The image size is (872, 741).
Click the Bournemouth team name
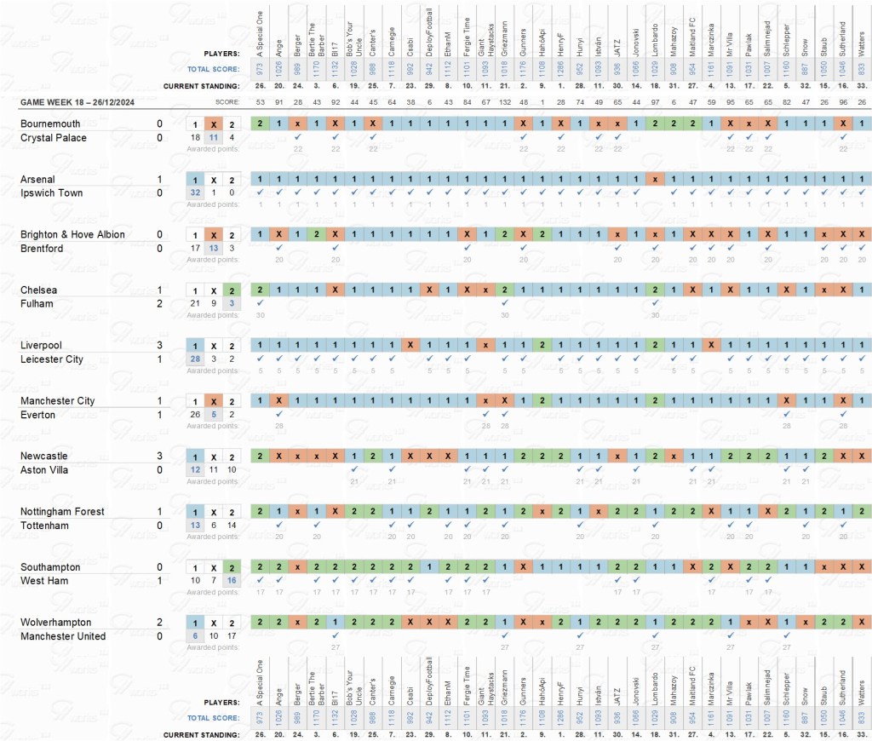pyautogui.click(x=50, y=123)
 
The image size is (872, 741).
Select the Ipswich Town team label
pyautogui.click(x=50, y=193)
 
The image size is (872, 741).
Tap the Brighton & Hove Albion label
pyautogui.click(x=72, y=235)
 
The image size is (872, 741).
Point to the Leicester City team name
pyautogui.click(x=52, y=359)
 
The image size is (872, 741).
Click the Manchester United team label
pyautogui.click(x=63, y=636)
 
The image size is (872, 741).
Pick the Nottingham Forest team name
pyautogui.click(x=62, y=512)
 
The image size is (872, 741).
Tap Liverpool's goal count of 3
pyautogui.click(x=159, y=346)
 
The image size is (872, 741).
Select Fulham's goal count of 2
pyautogui.click(x=159, y=304)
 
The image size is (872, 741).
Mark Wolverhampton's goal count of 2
pyautogui.click(x=159, y=623)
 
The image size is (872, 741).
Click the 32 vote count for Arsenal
pyautogui.click(x=195, y=193)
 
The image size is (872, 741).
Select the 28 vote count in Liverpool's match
pyautogui.click(x=195, y=359)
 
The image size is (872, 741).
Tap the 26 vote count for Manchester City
pyautogui.click(x=195, y=415)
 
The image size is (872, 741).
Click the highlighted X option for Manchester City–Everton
pyautogui.click(x=214, y=401)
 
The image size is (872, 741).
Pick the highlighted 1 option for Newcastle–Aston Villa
pyautogui.click(x=195, y=457)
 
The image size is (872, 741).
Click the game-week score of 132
pyautogui.click(x=504, y=102)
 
